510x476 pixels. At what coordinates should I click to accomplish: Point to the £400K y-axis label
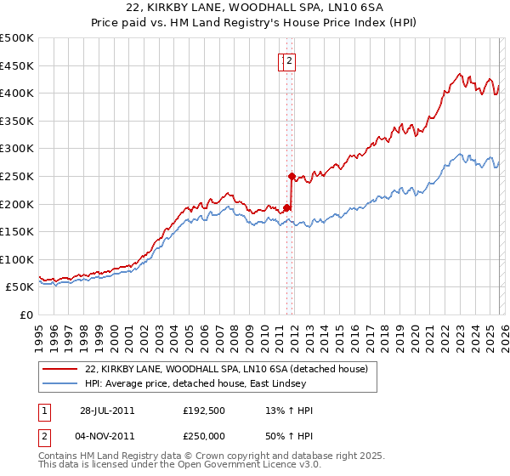17,93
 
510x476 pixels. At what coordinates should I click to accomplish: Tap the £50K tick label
20,287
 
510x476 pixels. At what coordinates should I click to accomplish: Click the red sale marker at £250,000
292,176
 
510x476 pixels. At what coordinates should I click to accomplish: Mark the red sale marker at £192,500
287,207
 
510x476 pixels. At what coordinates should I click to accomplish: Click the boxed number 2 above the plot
290,60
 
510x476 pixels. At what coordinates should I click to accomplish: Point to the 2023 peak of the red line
459,74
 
